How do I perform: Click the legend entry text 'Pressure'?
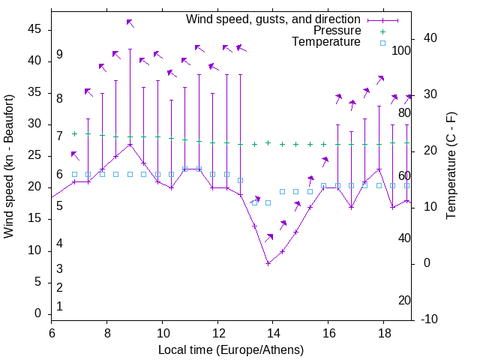pos(337,31)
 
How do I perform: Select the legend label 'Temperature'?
pos(326,42)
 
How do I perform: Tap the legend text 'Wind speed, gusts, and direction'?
pos(274,19)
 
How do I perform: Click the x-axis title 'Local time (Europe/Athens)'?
pos(231,349)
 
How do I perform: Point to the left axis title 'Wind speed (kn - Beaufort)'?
pos(9,167)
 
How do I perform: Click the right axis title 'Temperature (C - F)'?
pos(451,167)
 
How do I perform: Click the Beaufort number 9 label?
pos(59,55)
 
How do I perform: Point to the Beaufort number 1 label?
pos(59,306)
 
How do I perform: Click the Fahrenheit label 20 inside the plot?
pos(404,300)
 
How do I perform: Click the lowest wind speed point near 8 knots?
pos(268,263)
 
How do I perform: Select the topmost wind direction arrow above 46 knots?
pos(130,23)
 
